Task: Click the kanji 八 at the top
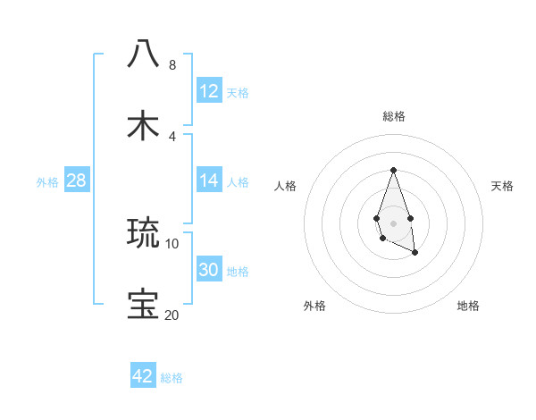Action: tap(144, 54)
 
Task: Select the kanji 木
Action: tap(144, 125)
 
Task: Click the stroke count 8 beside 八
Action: tap(172, 65)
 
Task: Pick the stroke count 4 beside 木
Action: tap(172, 137)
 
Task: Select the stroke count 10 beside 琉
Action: tap(172, 243)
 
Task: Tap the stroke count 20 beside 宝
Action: tap(172, 315)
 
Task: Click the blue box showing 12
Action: tap(209, 91)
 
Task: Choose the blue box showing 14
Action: tap(209, 181)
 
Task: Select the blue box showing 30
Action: tap(209, 270)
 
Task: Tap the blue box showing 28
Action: tap(77, 181)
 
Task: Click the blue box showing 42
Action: tap(143, 376)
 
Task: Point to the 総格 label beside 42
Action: tap(172, 378)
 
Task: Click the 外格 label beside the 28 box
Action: tap(47, 182)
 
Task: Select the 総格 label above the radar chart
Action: tap(393, 116)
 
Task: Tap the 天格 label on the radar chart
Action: tap(502, 186)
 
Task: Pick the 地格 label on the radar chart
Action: tap(468, 306)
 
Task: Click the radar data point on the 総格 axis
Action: tap(393, 170)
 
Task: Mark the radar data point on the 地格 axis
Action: tap(415, 253)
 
